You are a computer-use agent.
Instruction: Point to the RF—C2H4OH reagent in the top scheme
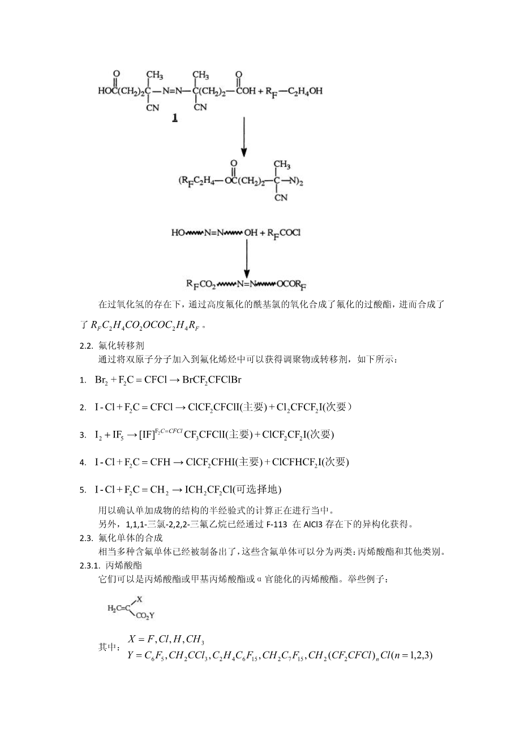[x=298, y=91]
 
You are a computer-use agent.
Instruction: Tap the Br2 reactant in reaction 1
[x=102, y=380]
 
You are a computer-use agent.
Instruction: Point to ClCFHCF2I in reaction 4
[x=298, y=462]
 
